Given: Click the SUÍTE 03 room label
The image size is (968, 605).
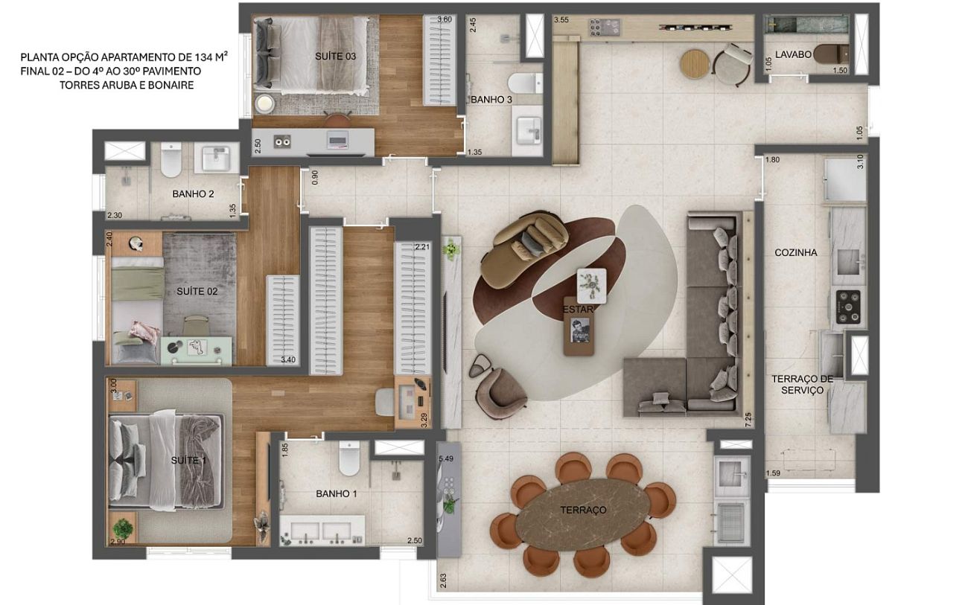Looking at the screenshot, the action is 335,56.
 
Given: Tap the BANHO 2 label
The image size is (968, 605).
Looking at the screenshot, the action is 193,194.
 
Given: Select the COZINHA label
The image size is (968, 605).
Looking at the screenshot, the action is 795,252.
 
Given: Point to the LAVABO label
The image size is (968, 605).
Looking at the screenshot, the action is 793,54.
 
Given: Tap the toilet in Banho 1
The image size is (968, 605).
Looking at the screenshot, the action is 349,458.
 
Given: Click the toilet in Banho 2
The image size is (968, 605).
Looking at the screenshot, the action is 171,160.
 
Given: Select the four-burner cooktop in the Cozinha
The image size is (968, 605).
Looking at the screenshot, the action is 848,307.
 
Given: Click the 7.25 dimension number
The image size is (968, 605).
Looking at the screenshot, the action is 748,420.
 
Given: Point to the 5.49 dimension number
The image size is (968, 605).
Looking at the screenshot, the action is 446,458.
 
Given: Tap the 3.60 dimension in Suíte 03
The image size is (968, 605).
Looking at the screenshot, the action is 445,19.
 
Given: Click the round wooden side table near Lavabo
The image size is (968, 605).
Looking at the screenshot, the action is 695,64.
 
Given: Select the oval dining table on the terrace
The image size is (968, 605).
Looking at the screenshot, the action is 583,514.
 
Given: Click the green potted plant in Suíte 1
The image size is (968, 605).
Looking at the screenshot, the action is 123,528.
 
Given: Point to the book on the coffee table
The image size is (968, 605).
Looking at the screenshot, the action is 579,330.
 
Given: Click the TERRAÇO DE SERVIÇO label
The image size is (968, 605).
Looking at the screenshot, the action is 802,384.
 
